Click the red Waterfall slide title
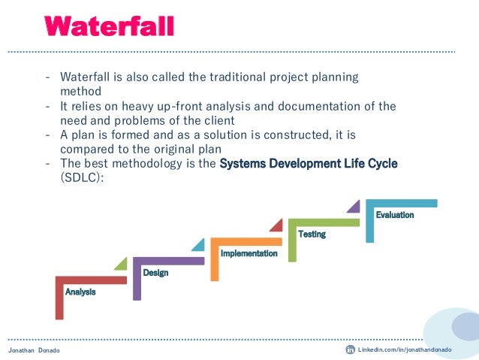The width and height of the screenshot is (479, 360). pyautogui.click(x=110, y=27)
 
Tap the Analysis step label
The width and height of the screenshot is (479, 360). pyautogui.click(x=80, y=292)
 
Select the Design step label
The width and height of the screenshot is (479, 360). pyautogui.click(x=155, y=273)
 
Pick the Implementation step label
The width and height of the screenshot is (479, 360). pyautogui.click(x=249, y=254)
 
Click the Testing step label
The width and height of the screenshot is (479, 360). pyautogui.click(x=312, y=234)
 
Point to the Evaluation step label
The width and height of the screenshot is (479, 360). pyautogui.click(x=394, y=215)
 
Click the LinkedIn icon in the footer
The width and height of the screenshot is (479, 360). pyautogui.click(x=350, y=350)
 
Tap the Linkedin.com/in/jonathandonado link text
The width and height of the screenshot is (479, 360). pyautogui.click(x=405, y=350)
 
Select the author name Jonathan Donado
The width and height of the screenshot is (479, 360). pyautogui.click(x=34, y=351)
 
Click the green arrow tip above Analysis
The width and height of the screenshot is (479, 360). pyautogui.click(x=120, y=263)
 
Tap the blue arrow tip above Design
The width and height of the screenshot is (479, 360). pyautogui.click(x=197, y=244)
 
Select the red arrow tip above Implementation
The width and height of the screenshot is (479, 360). pyautogui.click(x=276, y=224)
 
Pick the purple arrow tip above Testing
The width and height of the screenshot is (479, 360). pyautogui.click(x=353, y=205)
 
